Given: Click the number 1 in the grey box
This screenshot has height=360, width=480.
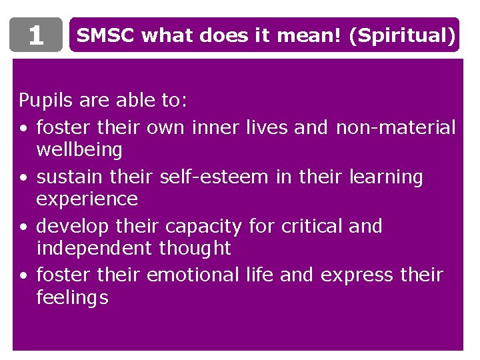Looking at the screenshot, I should (x=36, y=35).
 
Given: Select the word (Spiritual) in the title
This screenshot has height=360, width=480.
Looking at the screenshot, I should (x=407, y=35).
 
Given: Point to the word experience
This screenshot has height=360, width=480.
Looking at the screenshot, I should (x=87, y=199).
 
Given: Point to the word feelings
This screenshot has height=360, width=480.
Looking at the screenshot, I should (x=72, y=298).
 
